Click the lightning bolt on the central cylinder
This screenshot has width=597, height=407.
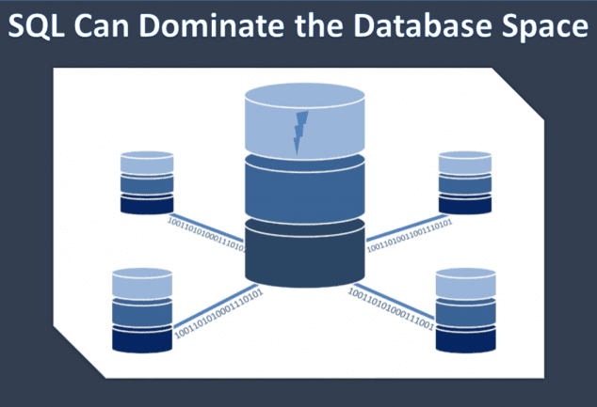tap(301, 133)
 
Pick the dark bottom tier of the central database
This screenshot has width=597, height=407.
tap(303, 252)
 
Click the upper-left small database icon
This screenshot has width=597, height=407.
tap(147, 182)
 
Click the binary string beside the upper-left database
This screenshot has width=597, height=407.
tap(206, 234)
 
